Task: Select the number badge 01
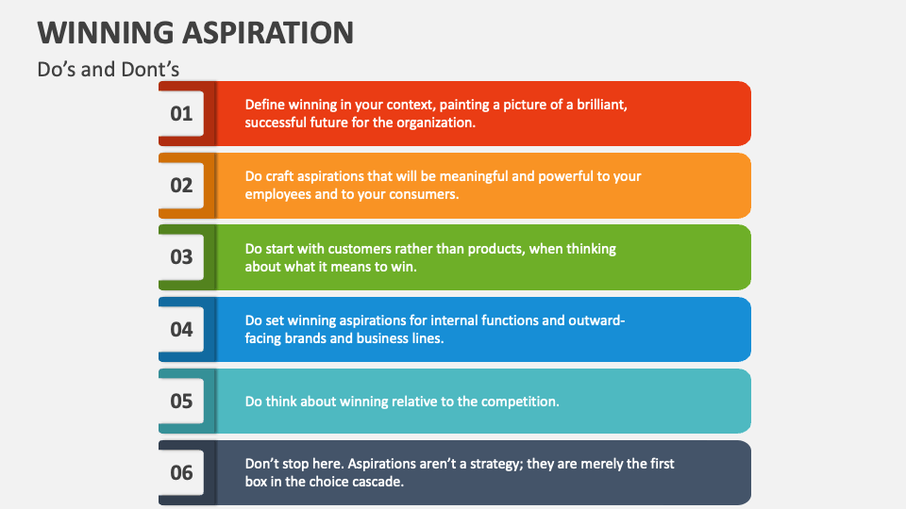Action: click(181, 113)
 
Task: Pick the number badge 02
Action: click(181, 185)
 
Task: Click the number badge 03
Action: click(181, 256)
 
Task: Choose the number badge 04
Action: click(181, 329)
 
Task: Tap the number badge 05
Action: click(181, 401)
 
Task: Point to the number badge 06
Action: click(181, 472)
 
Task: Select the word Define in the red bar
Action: click(265, 105)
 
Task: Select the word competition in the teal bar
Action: click(520, 401)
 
